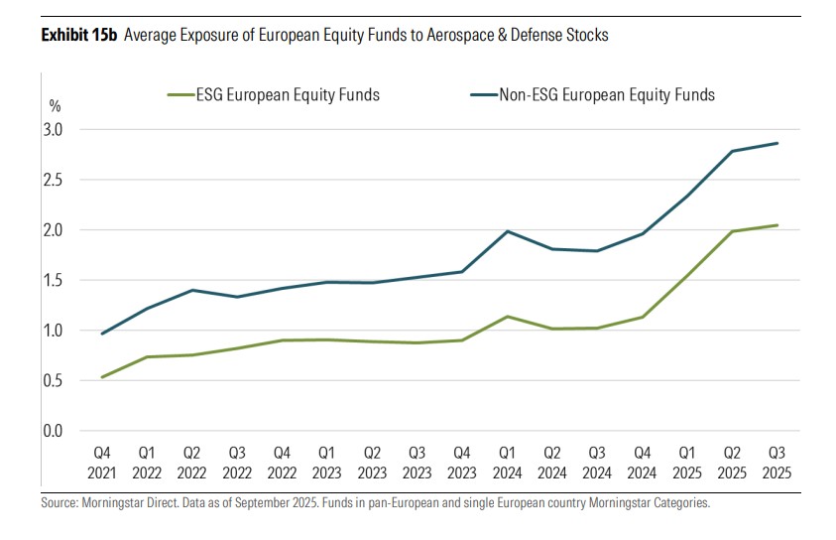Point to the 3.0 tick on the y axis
pos(53,130)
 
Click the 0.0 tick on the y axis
pos(53,431)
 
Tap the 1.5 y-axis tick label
pos(53,281)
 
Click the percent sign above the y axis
pos(54,105)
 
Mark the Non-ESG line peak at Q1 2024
pos(508,231)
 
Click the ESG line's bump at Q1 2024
pos(508,317)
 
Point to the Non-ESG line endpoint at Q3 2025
pos(777,143)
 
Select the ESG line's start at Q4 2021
pos(103,377)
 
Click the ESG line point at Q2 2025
pos(732,231)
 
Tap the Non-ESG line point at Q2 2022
pos(192,290)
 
